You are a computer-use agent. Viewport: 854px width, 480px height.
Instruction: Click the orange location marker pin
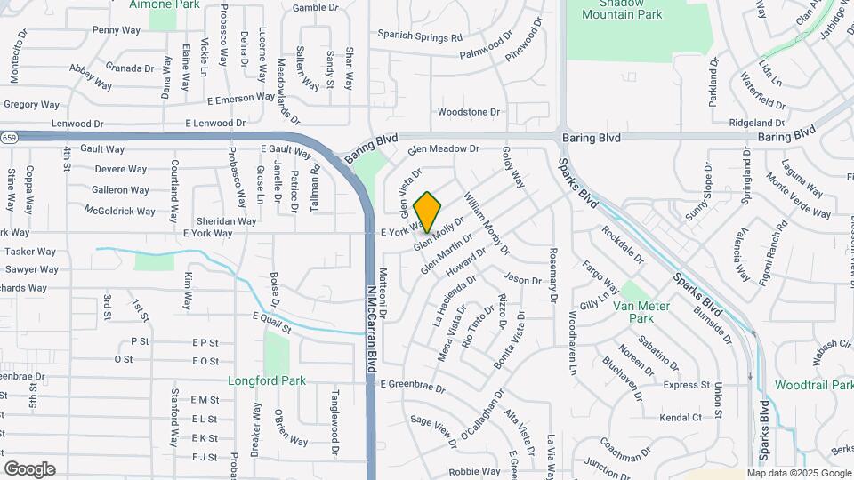tap(428, 212)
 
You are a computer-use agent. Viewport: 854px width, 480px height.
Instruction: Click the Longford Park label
tap(267, 381)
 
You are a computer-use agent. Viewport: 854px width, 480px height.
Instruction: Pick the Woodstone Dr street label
tap(469, 112)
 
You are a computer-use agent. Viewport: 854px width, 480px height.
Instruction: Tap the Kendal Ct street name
tap(681, 417)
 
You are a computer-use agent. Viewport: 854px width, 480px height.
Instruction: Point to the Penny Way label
tap(117, 29)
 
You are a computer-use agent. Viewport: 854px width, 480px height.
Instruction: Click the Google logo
tap(29, 469)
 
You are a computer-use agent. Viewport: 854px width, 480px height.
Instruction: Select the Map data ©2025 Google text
tap(799, 473)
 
